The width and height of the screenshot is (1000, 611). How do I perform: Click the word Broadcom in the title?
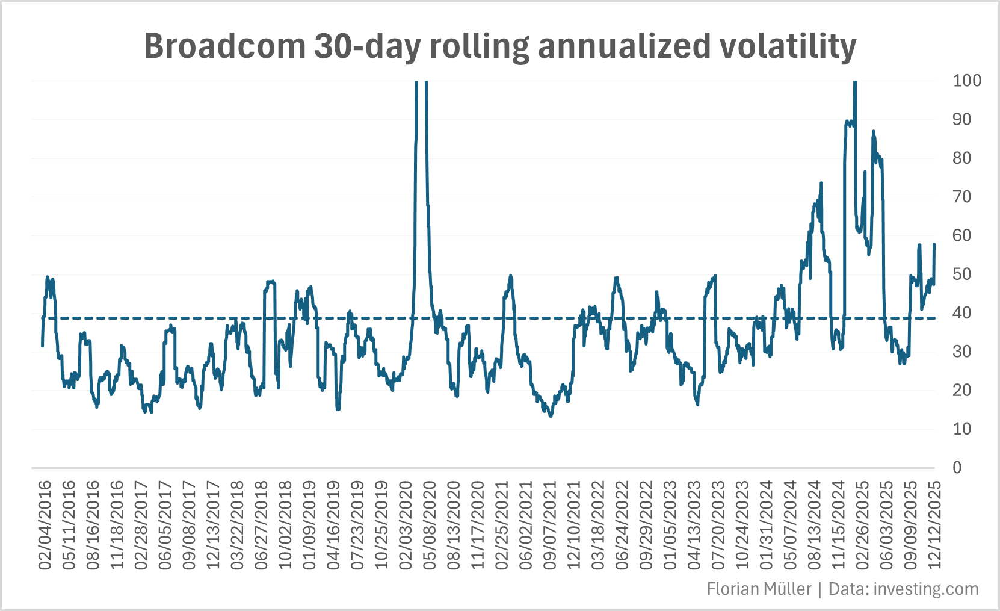coord(224,46)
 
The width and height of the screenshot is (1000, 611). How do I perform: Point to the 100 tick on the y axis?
coord(966,81)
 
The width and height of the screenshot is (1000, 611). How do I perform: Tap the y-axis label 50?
coord(961,274)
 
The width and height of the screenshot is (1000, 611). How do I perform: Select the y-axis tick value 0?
coord(957,468)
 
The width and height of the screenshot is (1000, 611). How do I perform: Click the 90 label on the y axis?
coord(961,119)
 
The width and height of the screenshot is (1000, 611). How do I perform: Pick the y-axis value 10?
coord(961,429)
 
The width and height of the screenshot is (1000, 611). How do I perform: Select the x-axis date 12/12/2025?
coord(934,525)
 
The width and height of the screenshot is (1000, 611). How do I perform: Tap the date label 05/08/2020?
coord(430,525)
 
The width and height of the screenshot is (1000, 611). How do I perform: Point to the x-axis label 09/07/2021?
coord(550,525)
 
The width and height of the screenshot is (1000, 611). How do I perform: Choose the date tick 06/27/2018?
coord(261,525)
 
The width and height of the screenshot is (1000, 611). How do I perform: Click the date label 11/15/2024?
coord(838,525)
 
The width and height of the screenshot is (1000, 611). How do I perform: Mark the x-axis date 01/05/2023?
coord(670,525)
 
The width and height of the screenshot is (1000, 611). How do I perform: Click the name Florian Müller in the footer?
coord(759,589)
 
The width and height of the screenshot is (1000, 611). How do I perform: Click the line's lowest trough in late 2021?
coord(551,416)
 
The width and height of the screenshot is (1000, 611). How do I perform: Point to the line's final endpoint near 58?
coord(934,244)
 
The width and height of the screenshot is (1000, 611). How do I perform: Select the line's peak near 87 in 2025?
coord(873,132)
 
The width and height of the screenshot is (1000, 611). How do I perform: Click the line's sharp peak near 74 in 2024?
coord(821,182)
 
